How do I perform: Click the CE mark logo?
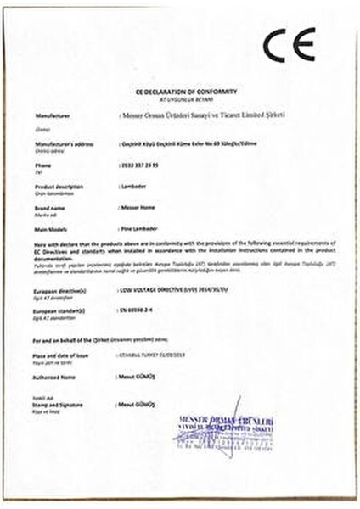coord(289,45)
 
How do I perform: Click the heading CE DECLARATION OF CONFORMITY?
coord(180,91)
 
